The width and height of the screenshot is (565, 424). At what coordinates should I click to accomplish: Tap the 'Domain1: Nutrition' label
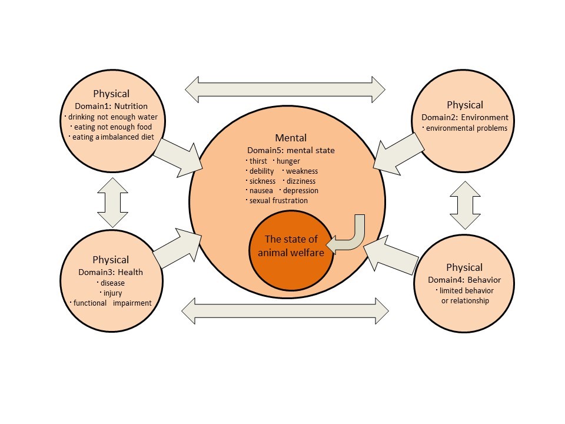pyautogui.click(x=111, y=105)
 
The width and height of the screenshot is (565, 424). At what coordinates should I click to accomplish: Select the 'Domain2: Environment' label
pyautogui.click(x=465, y=117)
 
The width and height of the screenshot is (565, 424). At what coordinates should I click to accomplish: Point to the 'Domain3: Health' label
pyautogui.click(x=111, y=272)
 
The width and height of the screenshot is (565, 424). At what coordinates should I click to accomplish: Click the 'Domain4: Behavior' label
pyautogui.click(x=464, y=280)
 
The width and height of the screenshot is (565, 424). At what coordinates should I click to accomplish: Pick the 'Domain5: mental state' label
pyautogui.click(x=290, y=150)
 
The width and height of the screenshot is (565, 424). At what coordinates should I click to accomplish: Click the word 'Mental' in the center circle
pyautogui.click(x=290, y=138)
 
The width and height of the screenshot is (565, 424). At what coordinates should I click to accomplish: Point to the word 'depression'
pyautogui.click(x=300, y=191)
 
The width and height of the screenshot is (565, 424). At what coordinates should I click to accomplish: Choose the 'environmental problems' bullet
pyautogui.click(x=466, y=128)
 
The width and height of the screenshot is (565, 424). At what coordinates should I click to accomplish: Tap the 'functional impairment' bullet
pyautogui.click(x=111, y=303)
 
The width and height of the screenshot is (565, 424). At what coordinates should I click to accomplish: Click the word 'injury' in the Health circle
pyautogui.click(x=111, y=293)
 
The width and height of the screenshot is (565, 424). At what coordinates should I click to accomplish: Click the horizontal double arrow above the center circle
pyautogui.click(x=285, y=90)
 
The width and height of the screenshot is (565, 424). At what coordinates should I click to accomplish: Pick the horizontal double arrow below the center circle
pyautogui.click(x=285, y=309)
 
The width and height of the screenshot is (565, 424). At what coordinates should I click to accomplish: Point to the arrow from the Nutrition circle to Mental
pyautogui.click(x=177, y=157)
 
